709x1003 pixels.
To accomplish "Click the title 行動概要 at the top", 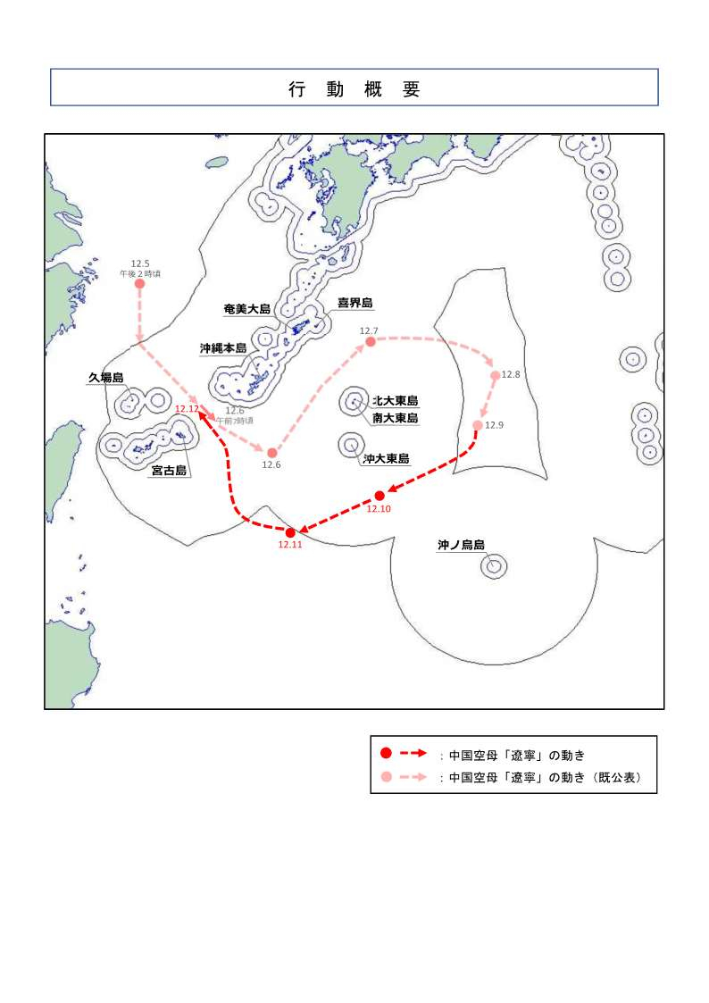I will (x=354, y=88).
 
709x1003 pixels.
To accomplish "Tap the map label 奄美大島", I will (x=246, y=309).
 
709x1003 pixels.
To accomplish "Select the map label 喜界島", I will (x=354, y=303).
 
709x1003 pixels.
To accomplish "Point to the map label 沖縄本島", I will (x=223, y=347).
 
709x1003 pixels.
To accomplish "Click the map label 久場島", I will (x=105, y=378).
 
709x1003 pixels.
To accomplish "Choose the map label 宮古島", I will (x=169, y=471).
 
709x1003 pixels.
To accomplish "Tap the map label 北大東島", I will (x=396, y=401).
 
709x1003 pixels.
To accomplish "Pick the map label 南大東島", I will (x=396, y=417).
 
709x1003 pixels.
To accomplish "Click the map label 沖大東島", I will (x=386, y=459).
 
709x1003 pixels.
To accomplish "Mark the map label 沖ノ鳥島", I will (x=461, y=545).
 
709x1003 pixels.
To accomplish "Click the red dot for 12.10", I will (x=380, y=496).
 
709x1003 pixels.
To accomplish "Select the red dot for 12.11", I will (x=290, y=532).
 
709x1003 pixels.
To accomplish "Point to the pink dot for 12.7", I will (x=370, y=342).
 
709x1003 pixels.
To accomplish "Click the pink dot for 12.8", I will (x=496, y=376).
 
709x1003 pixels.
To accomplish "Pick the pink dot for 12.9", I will (x=478, y=425).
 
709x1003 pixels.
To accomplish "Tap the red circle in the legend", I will (x=386, y=754).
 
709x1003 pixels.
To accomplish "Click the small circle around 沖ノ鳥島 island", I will (x=494, y=566).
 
